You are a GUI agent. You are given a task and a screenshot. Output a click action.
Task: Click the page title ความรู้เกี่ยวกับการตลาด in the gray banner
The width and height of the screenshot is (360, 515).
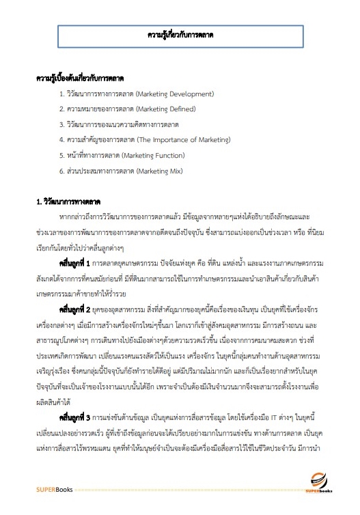180,33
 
